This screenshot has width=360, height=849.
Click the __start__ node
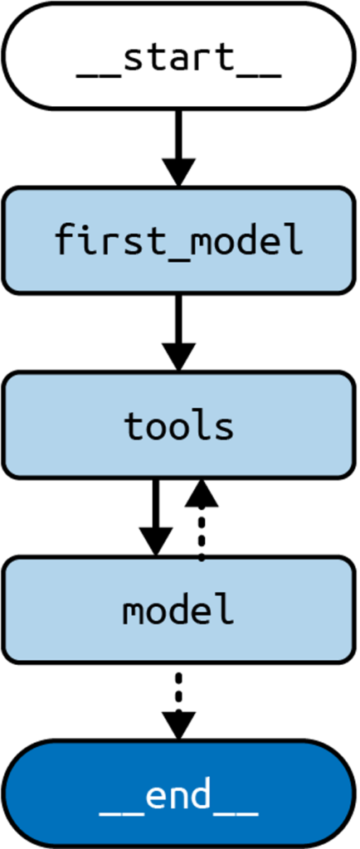(179, 56)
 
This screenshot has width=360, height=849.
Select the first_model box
(179, 240)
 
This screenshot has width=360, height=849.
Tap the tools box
(179, 425)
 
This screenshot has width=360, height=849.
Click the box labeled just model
(179, 610)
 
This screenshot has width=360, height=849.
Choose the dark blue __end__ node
(179, 794)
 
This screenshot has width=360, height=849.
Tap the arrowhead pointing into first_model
(178, 172)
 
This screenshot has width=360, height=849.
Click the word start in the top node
(179, 58)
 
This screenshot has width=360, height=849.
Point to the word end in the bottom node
(179, 796)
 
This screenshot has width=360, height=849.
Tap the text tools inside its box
(179, 426)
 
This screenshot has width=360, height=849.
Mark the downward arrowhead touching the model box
(155, 542)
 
